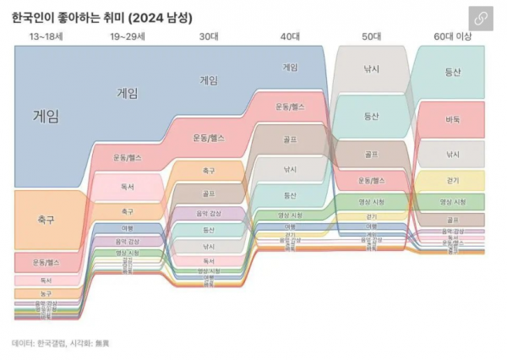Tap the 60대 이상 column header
coord(453,37)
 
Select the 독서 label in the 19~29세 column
coord(127,188)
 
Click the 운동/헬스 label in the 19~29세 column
coord(127,157)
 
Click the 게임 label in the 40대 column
coord(290,67)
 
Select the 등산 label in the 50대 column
coord(371,116)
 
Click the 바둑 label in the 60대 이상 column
coord(453,119)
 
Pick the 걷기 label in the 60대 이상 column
coord(453,180)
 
